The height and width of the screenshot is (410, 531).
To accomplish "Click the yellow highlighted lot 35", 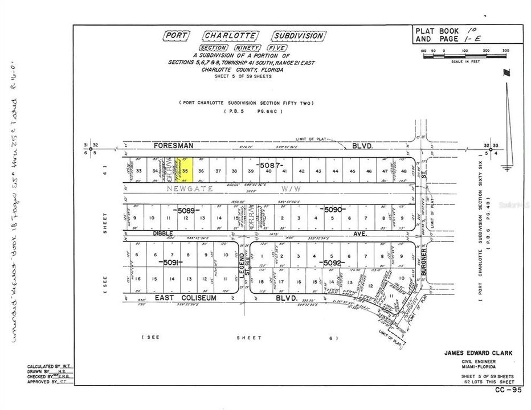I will (186, 170).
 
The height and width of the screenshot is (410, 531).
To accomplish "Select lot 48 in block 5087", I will (403, 171).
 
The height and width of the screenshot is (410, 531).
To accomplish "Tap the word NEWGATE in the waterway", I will (185, 187).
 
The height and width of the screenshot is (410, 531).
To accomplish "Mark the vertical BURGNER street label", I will (424, 264).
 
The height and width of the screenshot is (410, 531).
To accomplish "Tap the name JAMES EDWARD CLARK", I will (477, 353).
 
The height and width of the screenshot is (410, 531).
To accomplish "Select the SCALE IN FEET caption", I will (464, 62).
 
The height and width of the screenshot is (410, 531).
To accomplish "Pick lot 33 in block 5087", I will (138, 171).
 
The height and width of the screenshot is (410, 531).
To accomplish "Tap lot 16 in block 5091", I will (138, 279).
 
